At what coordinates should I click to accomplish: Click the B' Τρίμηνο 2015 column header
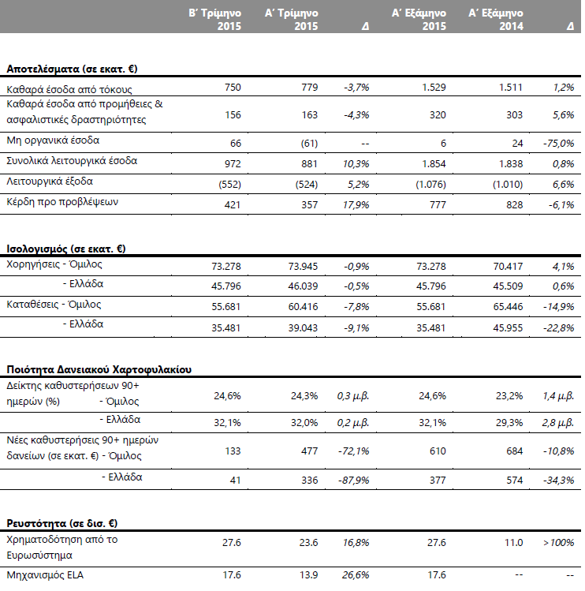point(214,20)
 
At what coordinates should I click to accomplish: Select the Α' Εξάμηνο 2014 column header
point(496,20)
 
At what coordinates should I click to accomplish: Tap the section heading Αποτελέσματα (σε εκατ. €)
point(72,69)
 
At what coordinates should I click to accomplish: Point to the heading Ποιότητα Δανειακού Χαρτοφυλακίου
point(99,369)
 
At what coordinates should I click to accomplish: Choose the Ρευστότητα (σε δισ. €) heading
point(62,523)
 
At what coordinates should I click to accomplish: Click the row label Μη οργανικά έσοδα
point(53,140)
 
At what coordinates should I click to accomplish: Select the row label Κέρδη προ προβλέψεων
point(62,202)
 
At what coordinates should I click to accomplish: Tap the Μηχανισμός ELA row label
point(45,574)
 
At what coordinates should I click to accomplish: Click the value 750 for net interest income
point(233,87)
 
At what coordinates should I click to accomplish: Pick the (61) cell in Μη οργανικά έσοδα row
point(309,144)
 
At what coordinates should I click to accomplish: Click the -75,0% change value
point(559,144)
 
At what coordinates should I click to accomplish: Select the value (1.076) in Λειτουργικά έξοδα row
point(431,185)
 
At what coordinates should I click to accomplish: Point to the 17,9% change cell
point(356,204)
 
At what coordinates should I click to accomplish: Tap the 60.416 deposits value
point(304,306)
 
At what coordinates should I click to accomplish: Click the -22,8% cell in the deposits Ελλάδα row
point(559,328)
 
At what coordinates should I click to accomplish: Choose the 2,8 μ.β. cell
point(558,422)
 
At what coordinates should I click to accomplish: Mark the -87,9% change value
point(354,481)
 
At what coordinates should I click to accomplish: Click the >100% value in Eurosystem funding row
point(559,542)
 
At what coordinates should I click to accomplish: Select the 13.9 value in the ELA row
point(309,574)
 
